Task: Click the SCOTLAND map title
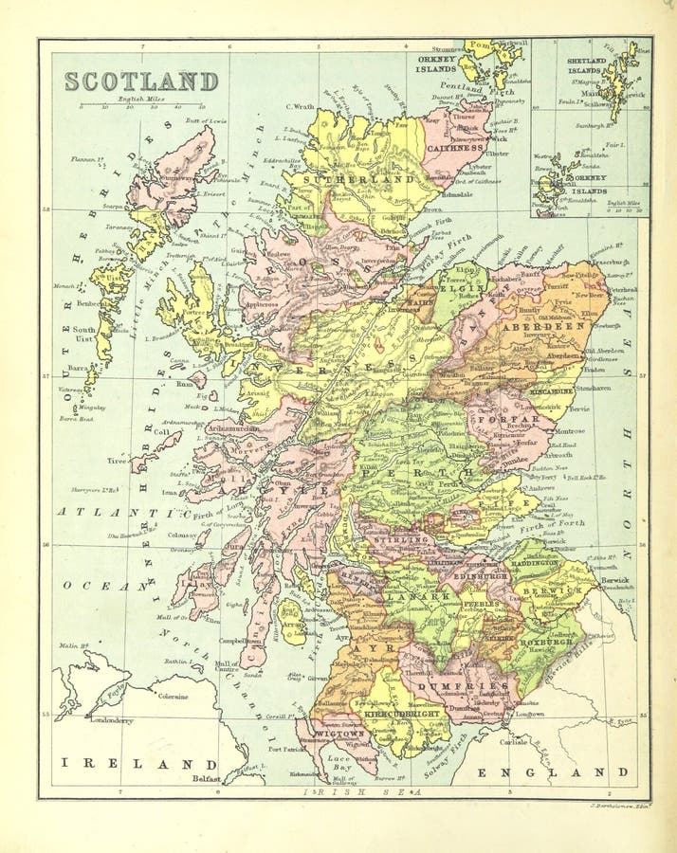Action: [x=141, y=82]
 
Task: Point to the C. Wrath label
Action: [x=299, y=106]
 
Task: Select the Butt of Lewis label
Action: [x=208, y=121]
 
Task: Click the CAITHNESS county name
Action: [x=456, y=148]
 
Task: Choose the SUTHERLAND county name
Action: [x=372, y=178]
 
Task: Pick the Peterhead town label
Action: [x=622, y=290]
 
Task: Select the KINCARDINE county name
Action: [x=550, y=390]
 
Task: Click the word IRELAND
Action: [x=139, y=762]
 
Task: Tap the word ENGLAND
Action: [x=553, y=772]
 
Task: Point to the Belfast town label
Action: [x=205, y=779]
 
